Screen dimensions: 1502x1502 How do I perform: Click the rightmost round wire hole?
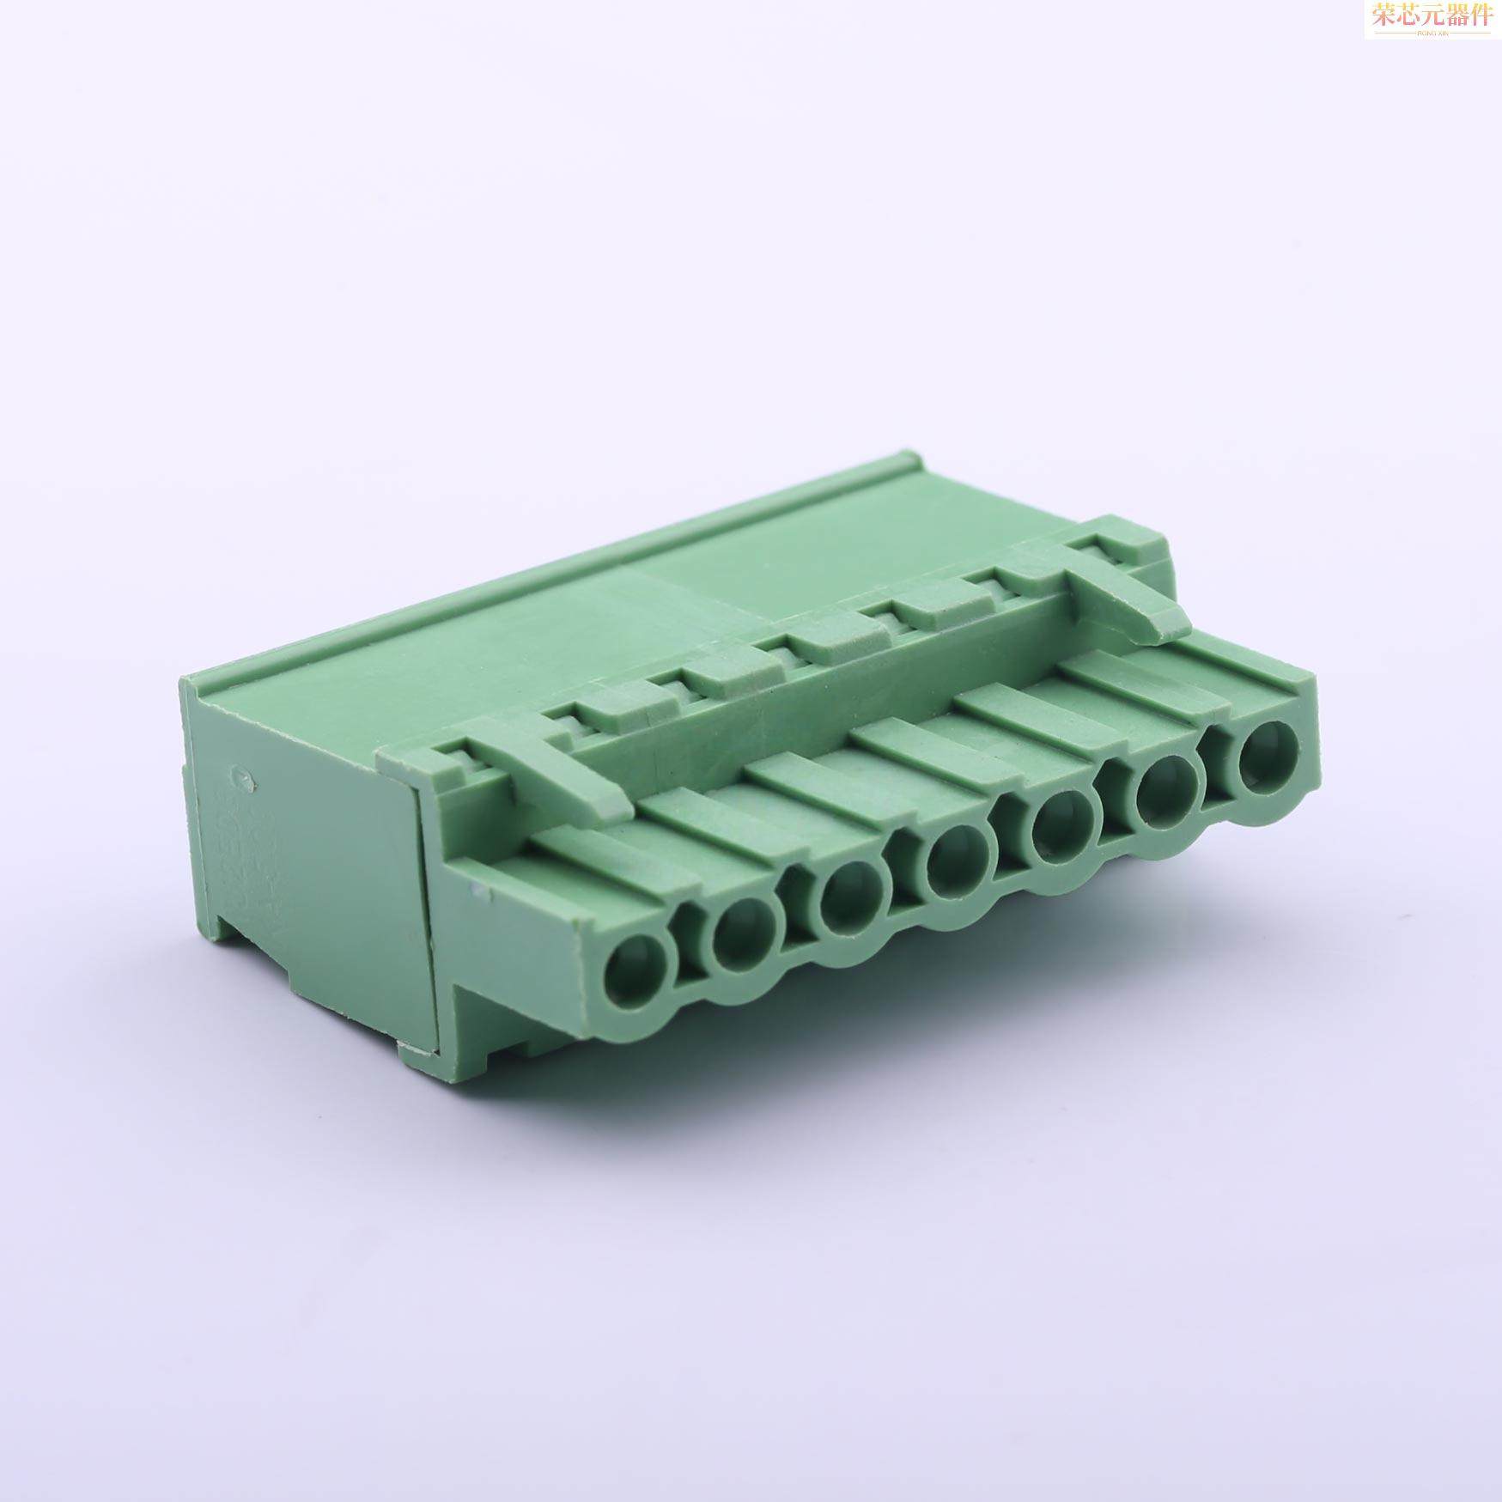[x=1266, y=747]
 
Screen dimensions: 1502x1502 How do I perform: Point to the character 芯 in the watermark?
[x=1408, y=15]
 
